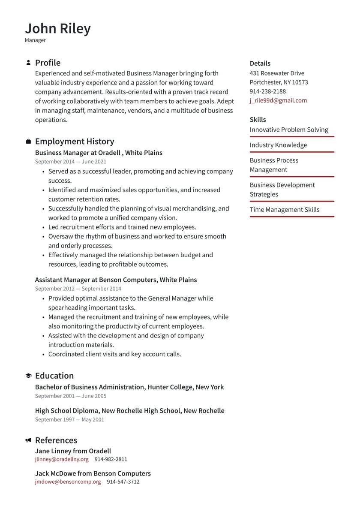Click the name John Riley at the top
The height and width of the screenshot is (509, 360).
[58, 28]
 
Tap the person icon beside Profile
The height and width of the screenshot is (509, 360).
[28, 63]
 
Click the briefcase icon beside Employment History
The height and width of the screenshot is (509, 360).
[28, 142]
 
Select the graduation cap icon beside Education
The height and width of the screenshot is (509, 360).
[28, 376]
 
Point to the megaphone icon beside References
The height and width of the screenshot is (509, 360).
[28, 440]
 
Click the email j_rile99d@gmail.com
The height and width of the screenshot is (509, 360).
[278, 100]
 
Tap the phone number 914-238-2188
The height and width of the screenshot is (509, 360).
[267, 91]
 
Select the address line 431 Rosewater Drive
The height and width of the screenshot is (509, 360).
[277, 73]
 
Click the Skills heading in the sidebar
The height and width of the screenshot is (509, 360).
[258, 120]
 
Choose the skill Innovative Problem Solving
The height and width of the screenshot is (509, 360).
[289, 130]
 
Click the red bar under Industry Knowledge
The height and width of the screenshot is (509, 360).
[292, 152]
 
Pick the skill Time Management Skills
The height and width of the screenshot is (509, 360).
[285, 210]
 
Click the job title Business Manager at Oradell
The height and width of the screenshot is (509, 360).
[99, 153]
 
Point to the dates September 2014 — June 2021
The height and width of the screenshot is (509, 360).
[71, 162]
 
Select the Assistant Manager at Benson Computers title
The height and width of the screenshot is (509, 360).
[116, 280]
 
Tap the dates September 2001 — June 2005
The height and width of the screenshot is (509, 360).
[71, 396]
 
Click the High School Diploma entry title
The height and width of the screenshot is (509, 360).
[129, 410]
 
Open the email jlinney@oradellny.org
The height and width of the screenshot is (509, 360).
[62, 459]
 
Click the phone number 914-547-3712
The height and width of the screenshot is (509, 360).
[123, 482]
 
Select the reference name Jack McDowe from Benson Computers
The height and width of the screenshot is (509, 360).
[93, 473]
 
